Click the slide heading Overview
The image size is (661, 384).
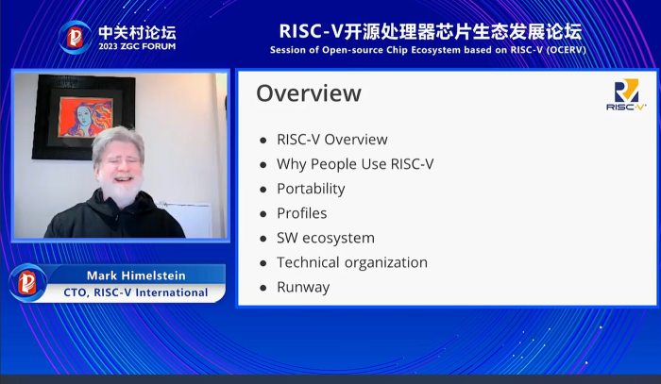(x=309, y=93)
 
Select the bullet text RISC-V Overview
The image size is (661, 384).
(x=332, y=140)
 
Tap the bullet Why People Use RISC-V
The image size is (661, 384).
(x=355, y=164)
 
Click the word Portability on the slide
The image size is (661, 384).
(x=311, y=189)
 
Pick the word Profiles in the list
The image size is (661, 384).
(x=302, y=213)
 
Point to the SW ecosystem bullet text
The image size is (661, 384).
(x=326, y=238)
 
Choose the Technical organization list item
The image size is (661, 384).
(x=352, y=262)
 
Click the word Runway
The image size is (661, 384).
(x=303, y=287)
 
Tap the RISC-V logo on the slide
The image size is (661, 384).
(x=626, y=94)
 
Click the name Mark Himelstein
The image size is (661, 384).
(x=136, y=275)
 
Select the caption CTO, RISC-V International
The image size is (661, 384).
(x=136, y=292)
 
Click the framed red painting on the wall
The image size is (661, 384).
(x=85, y=116)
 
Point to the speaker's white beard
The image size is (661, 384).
(x=120, y=191)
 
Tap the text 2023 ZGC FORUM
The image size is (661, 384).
(x=137, y=46)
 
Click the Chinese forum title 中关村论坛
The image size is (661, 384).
(x=137, y=32)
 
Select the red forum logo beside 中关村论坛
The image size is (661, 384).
(x=75, y=38)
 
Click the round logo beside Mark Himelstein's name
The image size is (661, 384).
(x=27, y=283)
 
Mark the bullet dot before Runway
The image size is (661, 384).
(x=263, y=288)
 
